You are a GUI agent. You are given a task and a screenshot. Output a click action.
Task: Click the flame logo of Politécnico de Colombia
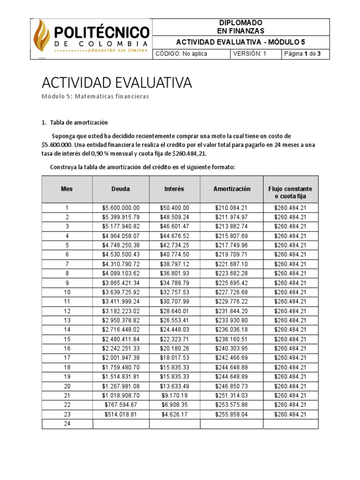point(42,38)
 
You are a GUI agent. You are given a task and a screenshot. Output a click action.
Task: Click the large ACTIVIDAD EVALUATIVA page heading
point(117,83)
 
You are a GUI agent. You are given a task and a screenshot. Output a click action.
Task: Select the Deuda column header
point(120,189)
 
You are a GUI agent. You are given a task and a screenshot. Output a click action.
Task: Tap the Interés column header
point(174,189)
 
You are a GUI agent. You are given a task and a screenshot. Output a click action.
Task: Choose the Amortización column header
point(232,189)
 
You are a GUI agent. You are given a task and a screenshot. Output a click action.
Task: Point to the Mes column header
point(67,189)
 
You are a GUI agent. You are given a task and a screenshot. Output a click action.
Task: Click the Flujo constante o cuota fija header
point(290,192)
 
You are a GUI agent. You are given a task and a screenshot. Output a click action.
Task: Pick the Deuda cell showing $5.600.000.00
point(120,208)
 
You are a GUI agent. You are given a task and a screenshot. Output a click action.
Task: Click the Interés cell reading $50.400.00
point(174,208)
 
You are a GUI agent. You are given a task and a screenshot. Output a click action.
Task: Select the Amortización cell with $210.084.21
point(232,208)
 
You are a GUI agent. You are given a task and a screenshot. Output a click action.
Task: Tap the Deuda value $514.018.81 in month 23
point(120,414)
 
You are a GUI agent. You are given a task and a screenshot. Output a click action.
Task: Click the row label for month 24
point(67,424)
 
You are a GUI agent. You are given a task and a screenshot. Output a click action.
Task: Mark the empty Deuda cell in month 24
point(120,424)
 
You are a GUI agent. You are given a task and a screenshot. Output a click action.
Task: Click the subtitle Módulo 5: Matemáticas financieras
point(95,96)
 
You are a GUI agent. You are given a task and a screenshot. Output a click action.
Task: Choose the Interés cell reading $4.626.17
point(174,414)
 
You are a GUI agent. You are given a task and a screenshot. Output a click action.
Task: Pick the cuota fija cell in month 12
point(290,311)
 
